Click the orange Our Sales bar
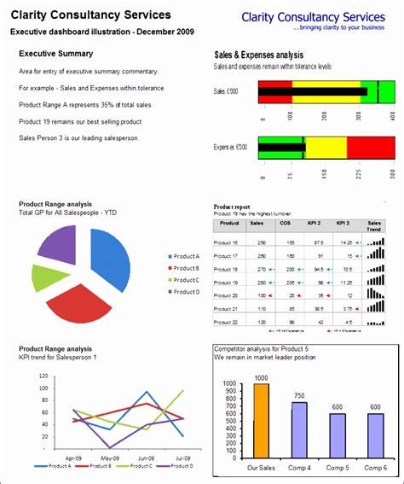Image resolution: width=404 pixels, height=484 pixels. click(261, 421)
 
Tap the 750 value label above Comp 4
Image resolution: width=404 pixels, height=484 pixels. click(299, 395)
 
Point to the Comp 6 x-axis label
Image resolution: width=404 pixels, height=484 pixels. click(375, 468)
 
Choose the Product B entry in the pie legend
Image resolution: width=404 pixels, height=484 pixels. click(184, 267)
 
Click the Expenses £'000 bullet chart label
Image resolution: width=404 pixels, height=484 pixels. click(230, 147)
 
